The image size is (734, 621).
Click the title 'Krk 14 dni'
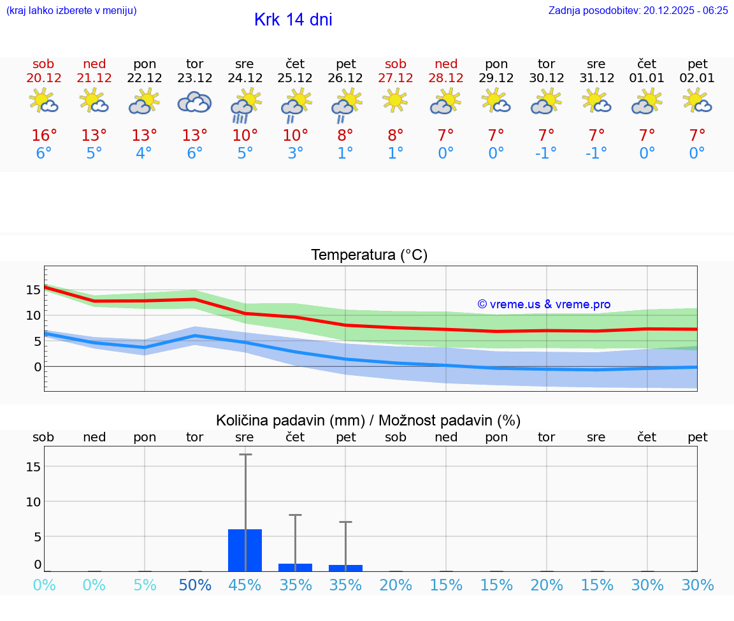[x=293, y=20]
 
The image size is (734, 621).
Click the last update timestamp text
[x=638, y=10]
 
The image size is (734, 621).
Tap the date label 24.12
[x=245, y=78]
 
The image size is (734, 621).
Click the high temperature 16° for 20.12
[x=44, y=136]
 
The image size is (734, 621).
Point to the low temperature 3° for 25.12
[x=295, y=153]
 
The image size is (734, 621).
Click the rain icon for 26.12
[x=345, y=104]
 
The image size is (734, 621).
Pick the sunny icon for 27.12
[x=396, y=101]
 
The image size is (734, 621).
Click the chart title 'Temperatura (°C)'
[x=369, y=255]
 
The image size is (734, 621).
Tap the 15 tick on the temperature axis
[x=33, y=290]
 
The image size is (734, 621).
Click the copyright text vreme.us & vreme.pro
[x=544, y=304]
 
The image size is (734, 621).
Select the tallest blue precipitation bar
[x=245, y=550]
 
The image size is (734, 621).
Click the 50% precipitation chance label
[x=195, y=585]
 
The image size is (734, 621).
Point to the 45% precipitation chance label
[x=245, y=585]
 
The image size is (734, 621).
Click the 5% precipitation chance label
[x=145, y=585]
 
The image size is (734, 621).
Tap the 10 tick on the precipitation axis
[x=33, y=502]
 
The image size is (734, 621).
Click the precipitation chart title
[x=368, y=420]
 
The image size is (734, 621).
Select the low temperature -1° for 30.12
[x=546, y=153]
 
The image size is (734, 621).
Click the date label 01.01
[x=647, y=78]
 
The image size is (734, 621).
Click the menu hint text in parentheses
[x=71, y=10]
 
